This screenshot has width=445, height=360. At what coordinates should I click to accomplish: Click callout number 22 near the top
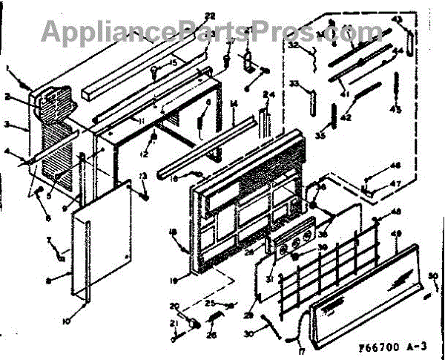tap(188, 16)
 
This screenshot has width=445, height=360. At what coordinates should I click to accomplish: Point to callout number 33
tap(294, 84)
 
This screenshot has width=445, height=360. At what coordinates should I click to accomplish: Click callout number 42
tap(345, 117)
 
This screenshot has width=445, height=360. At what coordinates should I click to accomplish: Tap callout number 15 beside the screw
tap(173, 62)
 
